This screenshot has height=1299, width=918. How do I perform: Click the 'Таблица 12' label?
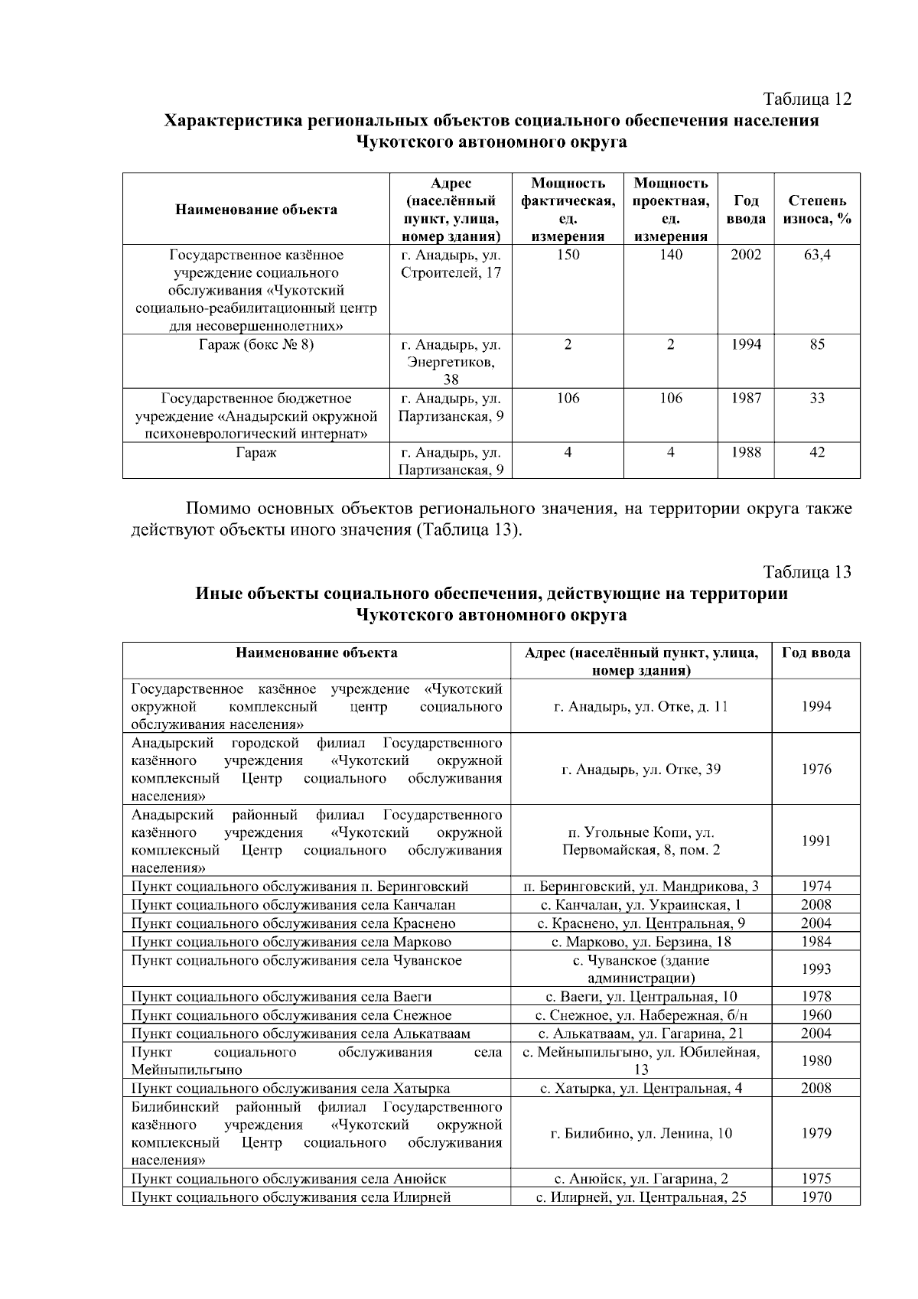click(x=807, y=99)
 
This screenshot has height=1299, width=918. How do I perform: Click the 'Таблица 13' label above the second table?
click(x=807, y=572)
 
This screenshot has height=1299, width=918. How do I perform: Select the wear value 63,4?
click(x=816, y=255)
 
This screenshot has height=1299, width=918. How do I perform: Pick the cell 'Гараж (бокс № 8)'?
click(x=256, y=345)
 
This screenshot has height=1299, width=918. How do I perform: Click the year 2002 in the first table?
click(x=745, y=255)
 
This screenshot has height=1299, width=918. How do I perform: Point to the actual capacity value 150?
click(x=567, y=255)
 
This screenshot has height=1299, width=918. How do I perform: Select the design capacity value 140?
click(x=670, y=255)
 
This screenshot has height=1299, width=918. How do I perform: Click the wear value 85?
click(x=816, y=345)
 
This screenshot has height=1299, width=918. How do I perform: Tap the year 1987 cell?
click(x=745, y=399)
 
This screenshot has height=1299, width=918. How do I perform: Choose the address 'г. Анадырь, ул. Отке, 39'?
click(x=641, y=770)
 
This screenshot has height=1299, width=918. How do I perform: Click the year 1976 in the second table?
click(x=815, y=770)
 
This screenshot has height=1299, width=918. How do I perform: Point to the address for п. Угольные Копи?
click(x=641, y=841)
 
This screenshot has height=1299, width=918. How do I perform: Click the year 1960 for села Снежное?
click(x=815, y=1015)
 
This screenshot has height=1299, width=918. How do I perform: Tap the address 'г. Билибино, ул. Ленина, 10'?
click(x=641, y=1134)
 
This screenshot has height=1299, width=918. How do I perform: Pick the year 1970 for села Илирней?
click(x=815, y=1197)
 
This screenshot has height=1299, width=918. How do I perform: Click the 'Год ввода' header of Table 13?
click(x=815, y=653)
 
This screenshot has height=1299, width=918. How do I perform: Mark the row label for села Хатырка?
click(x=290, y=1089)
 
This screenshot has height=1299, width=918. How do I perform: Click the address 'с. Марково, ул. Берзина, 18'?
click(x=641, y=942)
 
